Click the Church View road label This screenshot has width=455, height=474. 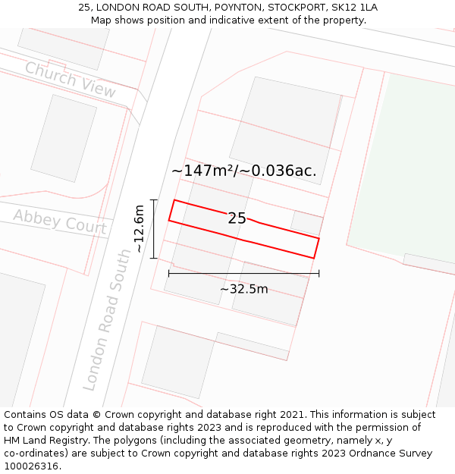coord(70,80)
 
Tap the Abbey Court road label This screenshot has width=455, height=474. coord(59,221)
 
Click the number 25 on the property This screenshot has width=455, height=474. coord(237,218)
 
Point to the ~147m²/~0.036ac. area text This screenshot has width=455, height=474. coord(244,171)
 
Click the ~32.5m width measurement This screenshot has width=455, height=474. coord(244,289)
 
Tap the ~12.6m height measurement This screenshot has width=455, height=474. coord(139,229)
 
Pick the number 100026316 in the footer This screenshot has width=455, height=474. coord(31,466)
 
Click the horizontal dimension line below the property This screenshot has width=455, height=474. coord(243,273)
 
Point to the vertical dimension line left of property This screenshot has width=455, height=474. coord(153,229)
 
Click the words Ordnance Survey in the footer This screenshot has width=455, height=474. coord(395,454)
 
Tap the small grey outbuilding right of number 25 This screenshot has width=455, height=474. coord(307,223)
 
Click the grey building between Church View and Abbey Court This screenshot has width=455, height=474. coord(64,138)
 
